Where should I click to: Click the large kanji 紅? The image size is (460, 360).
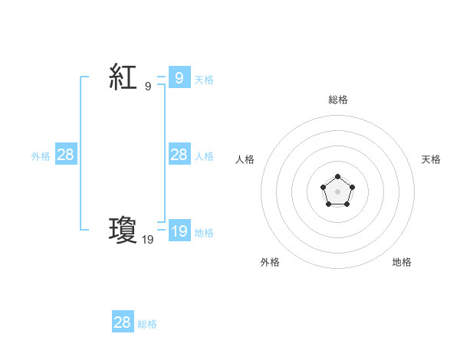pos(123,78)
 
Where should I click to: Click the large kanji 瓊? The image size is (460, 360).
pos(123,231)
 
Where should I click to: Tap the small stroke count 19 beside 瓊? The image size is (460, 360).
pos(147,240)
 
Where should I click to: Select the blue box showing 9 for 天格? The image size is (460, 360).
pos(179,77)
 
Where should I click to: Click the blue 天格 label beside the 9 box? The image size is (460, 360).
pos(204,79)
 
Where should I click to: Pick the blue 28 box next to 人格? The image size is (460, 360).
pos(179,155)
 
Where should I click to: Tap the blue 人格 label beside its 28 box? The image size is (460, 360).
pos(204,156)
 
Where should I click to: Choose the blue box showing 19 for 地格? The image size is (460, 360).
pos(179,231)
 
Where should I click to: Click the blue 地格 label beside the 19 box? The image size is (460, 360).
pos(204,233)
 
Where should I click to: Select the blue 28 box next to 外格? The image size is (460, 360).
pos(66,155)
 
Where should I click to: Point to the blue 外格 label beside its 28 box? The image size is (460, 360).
pos(41,156)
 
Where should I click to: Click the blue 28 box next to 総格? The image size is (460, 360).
pos(123,322)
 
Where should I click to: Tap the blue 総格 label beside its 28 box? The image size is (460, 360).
pos(147,324)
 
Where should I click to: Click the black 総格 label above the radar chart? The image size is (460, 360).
pos(338,100)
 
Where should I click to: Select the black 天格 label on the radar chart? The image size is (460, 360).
pos(432,159)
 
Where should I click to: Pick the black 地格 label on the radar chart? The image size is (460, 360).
pos(402,262)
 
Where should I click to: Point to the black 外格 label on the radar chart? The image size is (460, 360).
pos(270,262)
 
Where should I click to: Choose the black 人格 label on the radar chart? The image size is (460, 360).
pos(245,159)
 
